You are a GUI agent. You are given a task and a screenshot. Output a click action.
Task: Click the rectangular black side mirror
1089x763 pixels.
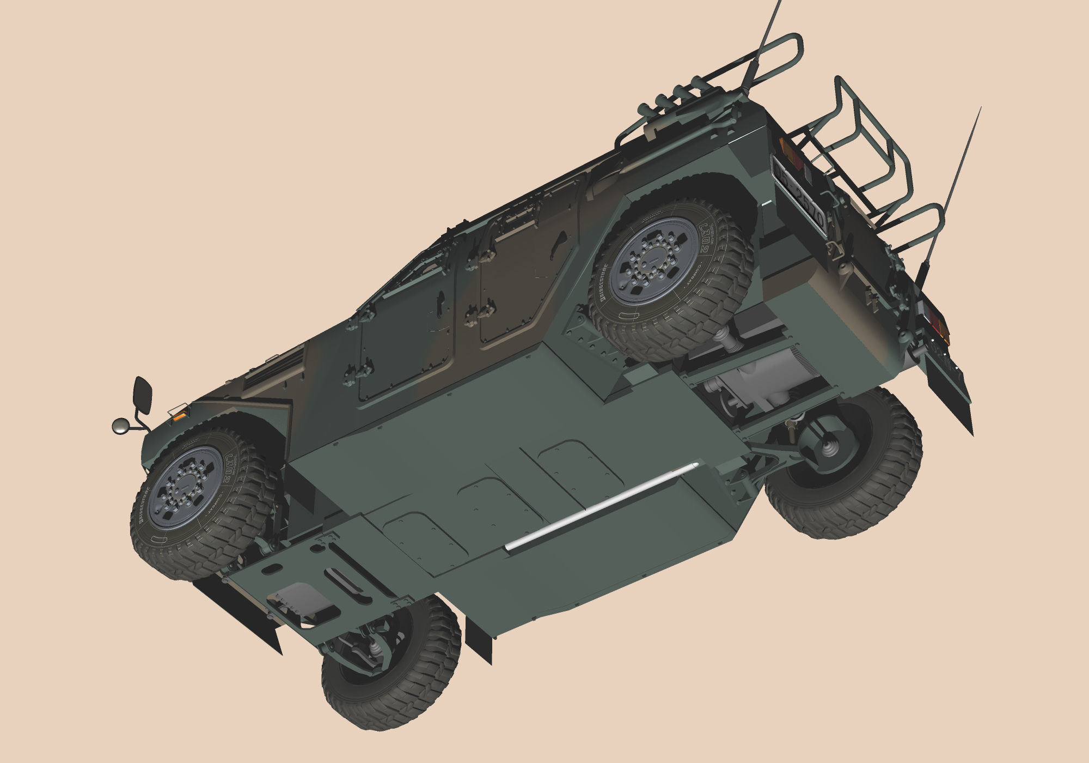143,395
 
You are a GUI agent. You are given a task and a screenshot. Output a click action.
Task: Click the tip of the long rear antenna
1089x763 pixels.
980,108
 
